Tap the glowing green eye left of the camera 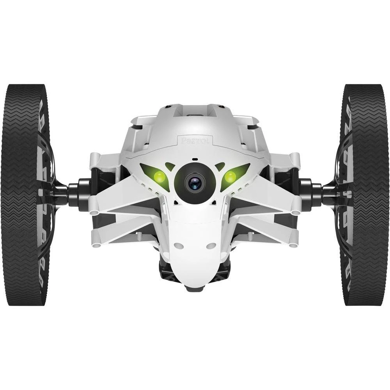(x=159, y=177)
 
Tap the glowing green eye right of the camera (x=230, y=177)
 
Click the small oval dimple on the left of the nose (x=179, y=246)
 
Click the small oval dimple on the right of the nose (x=211, y=246)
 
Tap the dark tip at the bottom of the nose (x=195, y=289)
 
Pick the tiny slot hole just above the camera (x=195, y=160)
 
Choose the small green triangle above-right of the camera (x=220, y=166)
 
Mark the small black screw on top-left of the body (x=167, y=106)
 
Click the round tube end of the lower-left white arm (x=94, y=245)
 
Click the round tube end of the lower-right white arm (x=295, y=245)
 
